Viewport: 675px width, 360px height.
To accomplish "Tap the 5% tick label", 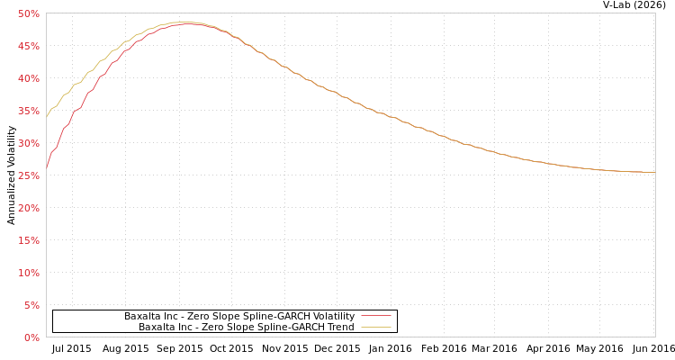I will [x=31, y=305].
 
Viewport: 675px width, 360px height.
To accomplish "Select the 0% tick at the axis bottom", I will [x=31, y=337].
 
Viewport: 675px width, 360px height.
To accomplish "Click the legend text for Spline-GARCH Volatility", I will [x=238, y=316].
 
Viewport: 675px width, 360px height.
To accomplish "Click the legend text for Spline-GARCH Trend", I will [x=246, y=327].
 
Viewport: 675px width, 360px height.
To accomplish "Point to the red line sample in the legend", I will [x=375, y=316].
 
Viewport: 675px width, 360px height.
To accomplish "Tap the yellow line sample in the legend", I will [x=375, y=327].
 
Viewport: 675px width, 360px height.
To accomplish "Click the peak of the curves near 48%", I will [x=184, y=22].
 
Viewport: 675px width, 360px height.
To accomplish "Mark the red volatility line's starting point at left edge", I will [x=47, y=167].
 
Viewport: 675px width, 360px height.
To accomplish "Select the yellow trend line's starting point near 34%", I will [x=47, y=117].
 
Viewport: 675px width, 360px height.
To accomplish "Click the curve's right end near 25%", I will [x=653, y=172].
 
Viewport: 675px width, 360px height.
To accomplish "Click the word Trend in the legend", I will [x=341, y=327].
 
